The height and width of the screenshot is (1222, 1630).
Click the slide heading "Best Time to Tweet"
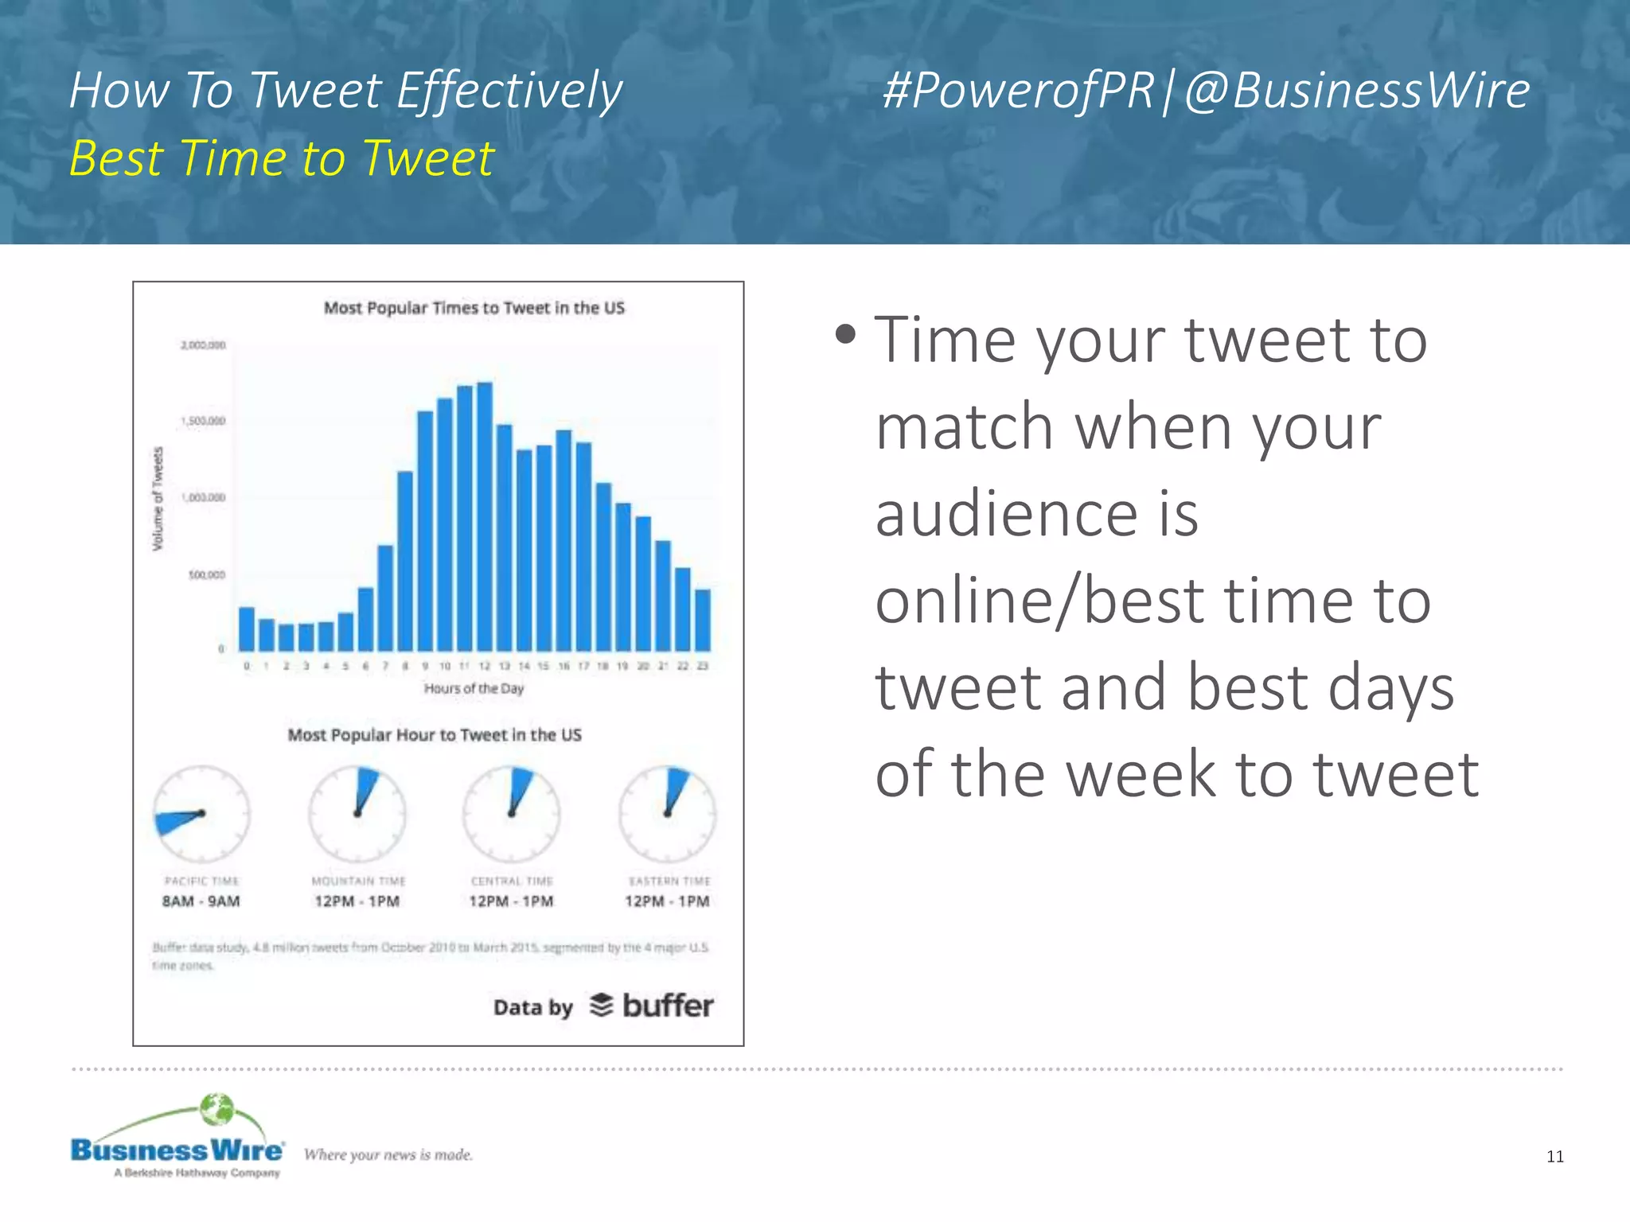pyautogui.click(x=282, y=158)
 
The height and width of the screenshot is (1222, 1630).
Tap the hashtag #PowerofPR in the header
pyautogui.click(x=1018, y=90)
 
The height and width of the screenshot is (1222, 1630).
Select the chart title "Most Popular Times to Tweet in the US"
pyautogui.click(x=474, y=308)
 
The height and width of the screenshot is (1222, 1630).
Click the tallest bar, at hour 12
pyautogui.click(x=484, y=517)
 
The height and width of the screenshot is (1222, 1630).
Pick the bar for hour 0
pyautogui.click(x=247, y=629)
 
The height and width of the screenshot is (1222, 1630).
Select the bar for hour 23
pyautogui.click(x=703, y=620)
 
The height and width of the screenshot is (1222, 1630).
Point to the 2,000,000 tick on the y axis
pyautogui.click(x=203, y=345)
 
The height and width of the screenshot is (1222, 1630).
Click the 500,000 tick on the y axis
pyautogui.click(x=206, y=574)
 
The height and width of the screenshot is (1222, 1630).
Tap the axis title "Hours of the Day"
pyautogui.click(x=474, y=688)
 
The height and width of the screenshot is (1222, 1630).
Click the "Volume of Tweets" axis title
pyautogui.click(x=158, y=498)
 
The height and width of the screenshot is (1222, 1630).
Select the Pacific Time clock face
pyautogui.click(x=201, y=814)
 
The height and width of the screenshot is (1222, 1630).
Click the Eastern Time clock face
pyautogui.click(x=668, y=814)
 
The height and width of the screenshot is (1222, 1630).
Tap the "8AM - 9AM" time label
pyautogui.click(x=201, y=901)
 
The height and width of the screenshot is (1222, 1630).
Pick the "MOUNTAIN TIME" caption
pyautogui.click(x=358, y=881)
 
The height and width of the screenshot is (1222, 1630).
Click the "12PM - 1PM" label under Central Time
pyautogui.click(x=511, y=901)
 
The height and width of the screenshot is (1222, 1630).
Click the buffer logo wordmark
pyautogui.click(x=667, y=1006)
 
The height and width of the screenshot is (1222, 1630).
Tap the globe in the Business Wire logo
pyautogui.click(x=216, y=1109)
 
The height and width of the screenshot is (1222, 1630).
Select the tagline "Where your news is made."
pyautogui.click(x=388, y=1154)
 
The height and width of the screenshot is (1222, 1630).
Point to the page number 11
pyautogui.click(x=1554, y=1157)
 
